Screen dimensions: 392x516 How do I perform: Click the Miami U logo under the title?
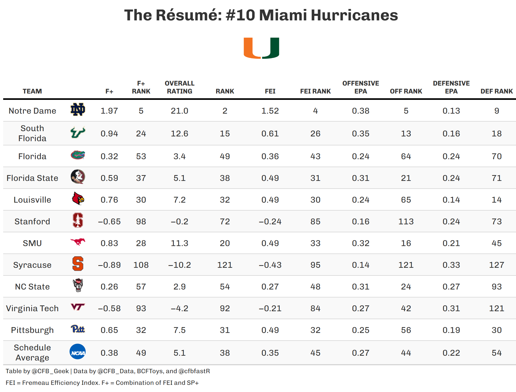(x=261, y=48)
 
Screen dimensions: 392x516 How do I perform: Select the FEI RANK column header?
(x=315, y=91)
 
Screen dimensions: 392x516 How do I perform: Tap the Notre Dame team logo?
(x=78, y=110)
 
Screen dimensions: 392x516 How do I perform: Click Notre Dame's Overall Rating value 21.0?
(x=179, y=111)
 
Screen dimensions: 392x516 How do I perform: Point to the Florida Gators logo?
(x=78, y=155)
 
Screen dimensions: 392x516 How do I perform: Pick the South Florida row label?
(x=32, y=133)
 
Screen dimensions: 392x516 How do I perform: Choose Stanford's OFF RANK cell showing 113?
(x=406, y=221)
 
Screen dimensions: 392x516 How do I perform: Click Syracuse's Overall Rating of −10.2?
(x=179, y=265)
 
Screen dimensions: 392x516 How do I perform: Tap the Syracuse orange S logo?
(x=78, y=264)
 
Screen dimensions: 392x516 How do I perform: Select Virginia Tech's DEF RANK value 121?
(x=496, y=308)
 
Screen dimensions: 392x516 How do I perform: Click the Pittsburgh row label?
(x=32, y=330)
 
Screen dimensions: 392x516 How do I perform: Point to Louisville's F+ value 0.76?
(x=109, y=200)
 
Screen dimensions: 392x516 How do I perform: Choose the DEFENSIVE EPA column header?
(x=451, y=87)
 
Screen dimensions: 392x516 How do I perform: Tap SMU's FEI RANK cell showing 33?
(x=315, y=243)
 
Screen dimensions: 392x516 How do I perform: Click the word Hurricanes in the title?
(x=354, y=15)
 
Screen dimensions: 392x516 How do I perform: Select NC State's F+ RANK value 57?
(x=141, y=287)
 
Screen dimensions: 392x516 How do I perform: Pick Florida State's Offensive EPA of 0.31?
(x=361, y=178)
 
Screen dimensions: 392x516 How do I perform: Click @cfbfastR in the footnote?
(x=194, y=371)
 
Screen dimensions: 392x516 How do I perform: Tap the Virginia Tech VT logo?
(x=78, y=307)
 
